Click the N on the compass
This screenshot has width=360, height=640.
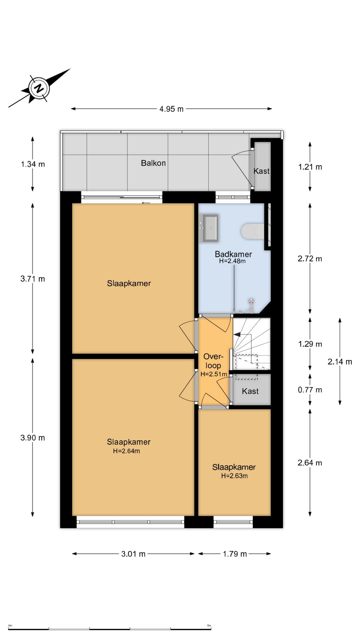tap(39, 89)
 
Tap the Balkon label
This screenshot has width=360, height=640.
tap(153, 163)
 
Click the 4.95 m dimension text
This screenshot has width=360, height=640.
tap(171, 109)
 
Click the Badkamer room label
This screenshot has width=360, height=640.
tap(233, 254)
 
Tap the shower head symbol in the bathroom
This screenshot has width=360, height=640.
tap(251, 302)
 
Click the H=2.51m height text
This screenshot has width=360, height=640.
tap(214, 374)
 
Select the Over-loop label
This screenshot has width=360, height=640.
tap(213, 361)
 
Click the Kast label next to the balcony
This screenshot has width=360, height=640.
tap(262, 171)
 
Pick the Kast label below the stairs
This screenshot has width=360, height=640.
tap(250, 391)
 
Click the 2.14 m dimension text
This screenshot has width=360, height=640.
tap(340, 362)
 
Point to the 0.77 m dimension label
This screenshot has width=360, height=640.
tap(310, 390)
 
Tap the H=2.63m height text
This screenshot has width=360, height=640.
tap(234, 476)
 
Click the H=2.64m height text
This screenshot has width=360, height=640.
tap(126, 451)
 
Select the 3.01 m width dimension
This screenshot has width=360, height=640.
tap(133, 554)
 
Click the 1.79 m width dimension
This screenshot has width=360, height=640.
tap(235, 554)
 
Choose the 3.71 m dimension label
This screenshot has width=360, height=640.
tap(33, 279)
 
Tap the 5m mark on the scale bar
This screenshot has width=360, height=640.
tap(209, 626)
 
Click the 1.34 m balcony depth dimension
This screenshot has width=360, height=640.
tap(33, 164)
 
